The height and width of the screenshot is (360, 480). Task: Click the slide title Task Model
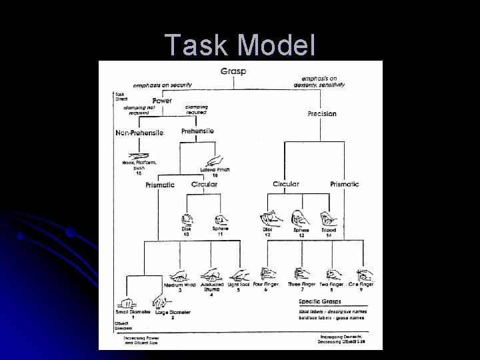(240, 45)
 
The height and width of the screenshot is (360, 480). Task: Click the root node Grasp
(233, 71)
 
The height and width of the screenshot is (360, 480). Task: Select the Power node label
(162, 101)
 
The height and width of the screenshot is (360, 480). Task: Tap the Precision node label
(322, 114)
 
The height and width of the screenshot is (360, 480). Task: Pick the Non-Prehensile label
(139, 133)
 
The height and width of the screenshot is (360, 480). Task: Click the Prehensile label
(197, 131)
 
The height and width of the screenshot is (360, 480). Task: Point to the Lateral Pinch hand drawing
(215, 160)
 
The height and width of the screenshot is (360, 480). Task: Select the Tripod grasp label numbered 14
(328, 229)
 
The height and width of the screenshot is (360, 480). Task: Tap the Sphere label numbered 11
(220, 229)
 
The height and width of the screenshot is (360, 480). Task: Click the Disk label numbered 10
(186, 229)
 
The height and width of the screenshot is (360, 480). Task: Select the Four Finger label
(266, 284)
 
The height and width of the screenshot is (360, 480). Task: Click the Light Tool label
(238, 285)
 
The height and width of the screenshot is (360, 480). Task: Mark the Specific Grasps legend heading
(320, 301)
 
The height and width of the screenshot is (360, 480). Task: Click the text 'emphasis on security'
(163, 85)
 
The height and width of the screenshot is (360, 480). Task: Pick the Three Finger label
(301, 285)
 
